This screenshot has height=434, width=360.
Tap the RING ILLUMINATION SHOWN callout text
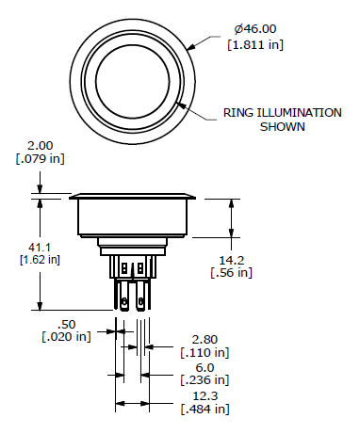coord(282,119)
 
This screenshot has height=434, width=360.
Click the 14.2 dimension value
coord(231,259)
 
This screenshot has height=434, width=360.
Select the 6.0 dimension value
coord(204,367)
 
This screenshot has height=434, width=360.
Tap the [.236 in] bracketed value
coord(204,380)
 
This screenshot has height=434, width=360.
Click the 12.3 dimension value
coord(204,395)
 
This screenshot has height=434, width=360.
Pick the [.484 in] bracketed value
coord(204,409)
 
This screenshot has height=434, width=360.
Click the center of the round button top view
coord(134,76)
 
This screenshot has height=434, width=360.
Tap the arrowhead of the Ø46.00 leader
coord(189,47)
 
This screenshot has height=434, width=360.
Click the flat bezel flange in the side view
coord(134,197)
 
